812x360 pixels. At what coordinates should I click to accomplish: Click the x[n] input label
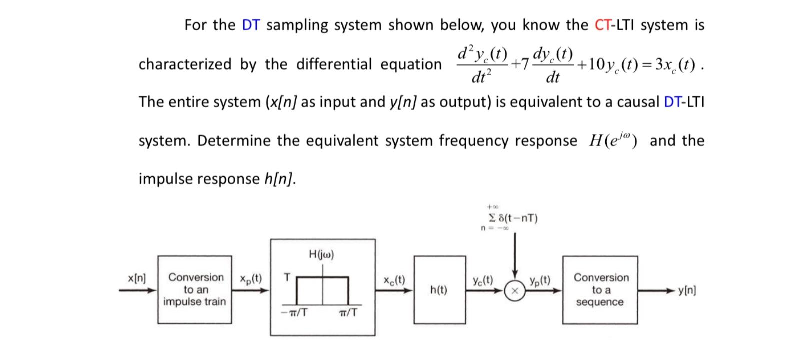pyautogui.click(x=136, y=278)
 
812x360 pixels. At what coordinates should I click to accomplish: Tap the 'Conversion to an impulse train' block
pyautogui.click(x=195, y=290)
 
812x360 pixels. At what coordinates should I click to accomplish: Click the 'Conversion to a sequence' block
pyautogui.click(x=600, y=290)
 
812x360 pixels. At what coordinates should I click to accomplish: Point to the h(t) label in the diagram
pyautogui.click(x=438, y=290)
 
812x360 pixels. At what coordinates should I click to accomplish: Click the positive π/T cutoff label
pyautogui.click(x=347, y=313)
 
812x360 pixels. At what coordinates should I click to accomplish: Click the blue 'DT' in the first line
pyautogui.click(x=251, y=25)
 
